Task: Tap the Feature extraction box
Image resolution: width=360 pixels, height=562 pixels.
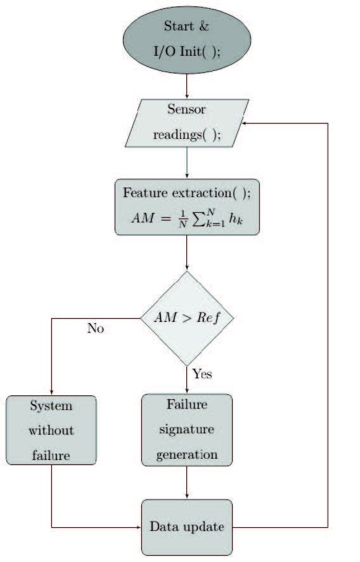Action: coord(186,207)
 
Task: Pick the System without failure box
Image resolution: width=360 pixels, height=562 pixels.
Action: coord(51,430)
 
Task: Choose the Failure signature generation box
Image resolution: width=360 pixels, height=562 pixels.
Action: coord(186,430)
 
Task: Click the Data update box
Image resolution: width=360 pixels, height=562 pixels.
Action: coord(186,527)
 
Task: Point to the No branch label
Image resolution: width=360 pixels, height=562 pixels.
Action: coord(95,329)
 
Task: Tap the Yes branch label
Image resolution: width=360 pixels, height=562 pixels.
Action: coord(202,374)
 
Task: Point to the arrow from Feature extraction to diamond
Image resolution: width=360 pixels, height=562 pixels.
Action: coord(186,253)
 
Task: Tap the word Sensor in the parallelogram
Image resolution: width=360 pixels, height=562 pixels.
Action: coord(186,109)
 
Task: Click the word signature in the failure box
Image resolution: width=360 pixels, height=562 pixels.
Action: coord(186,430)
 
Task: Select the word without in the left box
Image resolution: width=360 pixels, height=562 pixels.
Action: coord(51,430)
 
